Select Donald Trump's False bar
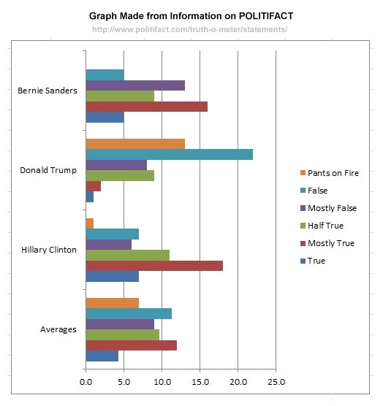coord(169,154)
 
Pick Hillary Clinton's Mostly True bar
coord(154,266)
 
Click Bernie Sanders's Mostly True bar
coord(146,107)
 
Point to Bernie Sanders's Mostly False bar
coord(135,85)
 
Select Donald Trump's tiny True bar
coord(89,196)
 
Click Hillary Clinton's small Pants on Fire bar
coord(89,223)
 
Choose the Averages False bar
coord(129,313)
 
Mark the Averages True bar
coord(102,356)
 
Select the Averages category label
coord(58,329)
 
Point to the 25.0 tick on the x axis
coord(276,381)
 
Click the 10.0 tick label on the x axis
coord(162,381)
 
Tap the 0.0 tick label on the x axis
coord(86,381)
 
